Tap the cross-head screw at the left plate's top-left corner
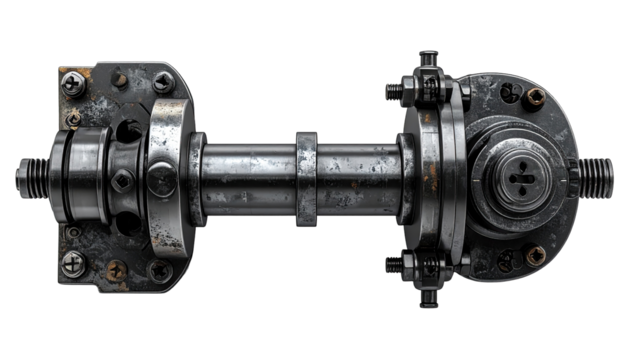72,84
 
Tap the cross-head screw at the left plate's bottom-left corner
73,264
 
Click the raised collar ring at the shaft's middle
306,178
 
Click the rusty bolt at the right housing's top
536,97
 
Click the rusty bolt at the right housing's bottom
536,256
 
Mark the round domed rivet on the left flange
162,180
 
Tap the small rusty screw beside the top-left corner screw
119,80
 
